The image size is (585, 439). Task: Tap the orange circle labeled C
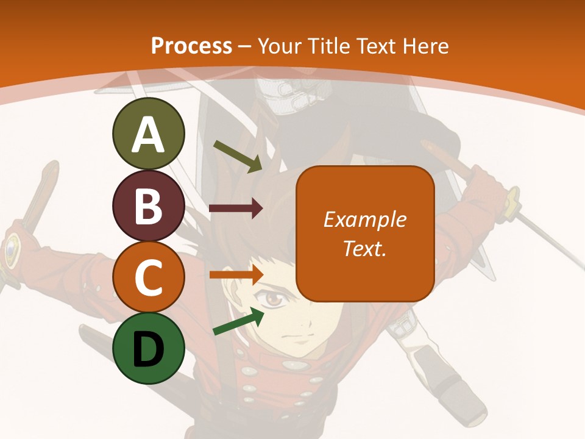click(x=148, y=277)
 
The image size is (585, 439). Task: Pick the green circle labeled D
click(x=148, y=348)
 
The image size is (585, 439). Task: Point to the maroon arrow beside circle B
click(x=236, y=209)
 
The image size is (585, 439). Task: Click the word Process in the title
click(x=191, y=46)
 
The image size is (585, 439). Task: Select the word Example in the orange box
click(x=364, y=220)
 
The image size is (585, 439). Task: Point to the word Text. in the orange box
click(x=364, y=248)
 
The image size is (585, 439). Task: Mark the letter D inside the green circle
click(x=148, y=349)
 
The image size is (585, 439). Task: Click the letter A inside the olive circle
click(x=148, y=135)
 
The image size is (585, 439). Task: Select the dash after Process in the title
click(x=245, y=47)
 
